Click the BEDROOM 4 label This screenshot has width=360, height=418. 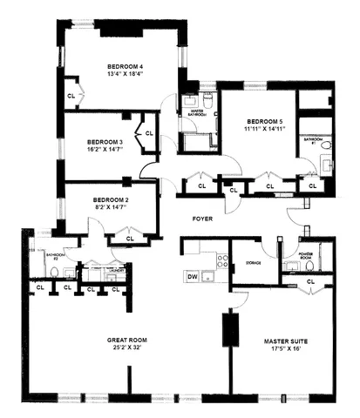[126, 66]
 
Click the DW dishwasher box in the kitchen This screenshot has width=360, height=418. [194, 277]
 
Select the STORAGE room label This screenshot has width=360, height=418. [255, 260]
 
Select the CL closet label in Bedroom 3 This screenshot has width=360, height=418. [148, 133]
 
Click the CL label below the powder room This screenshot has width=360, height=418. [311, 280]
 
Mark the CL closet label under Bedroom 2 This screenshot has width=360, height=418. [130, 237]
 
